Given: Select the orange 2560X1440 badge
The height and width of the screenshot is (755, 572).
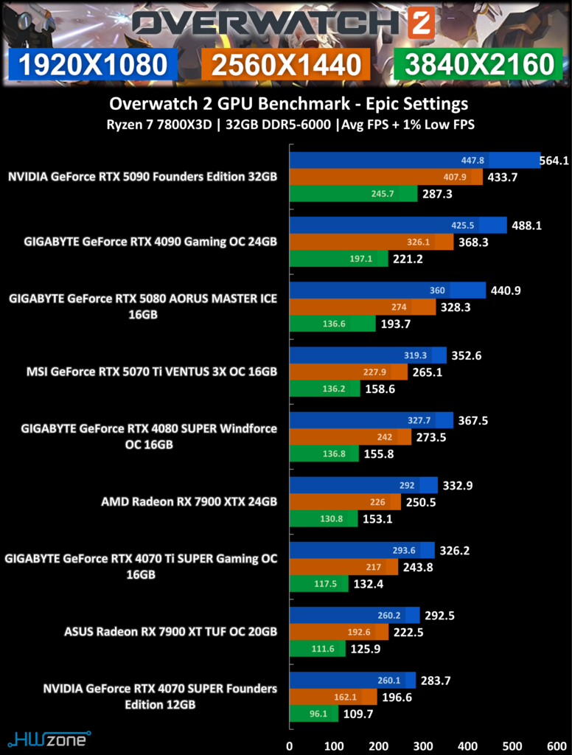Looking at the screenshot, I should point(285,64).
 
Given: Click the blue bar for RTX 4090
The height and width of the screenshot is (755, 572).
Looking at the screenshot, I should point(397,225).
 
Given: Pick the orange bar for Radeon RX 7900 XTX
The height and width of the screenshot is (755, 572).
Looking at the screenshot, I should point(344,502).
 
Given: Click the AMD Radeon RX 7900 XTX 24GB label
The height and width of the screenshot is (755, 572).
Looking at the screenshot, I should point(189,502).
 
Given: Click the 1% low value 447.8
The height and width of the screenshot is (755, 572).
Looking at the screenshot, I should point(472,161).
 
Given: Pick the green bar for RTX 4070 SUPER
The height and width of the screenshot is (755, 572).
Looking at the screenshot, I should point(313,714).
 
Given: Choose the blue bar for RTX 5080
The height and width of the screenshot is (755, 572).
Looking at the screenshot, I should point(387,290).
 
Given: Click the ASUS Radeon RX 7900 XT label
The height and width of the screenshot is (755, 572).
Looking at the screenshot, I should point(170,632).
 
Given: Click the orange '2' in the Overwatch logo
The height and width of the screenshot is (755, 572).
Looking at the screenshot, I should point(420,24).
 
